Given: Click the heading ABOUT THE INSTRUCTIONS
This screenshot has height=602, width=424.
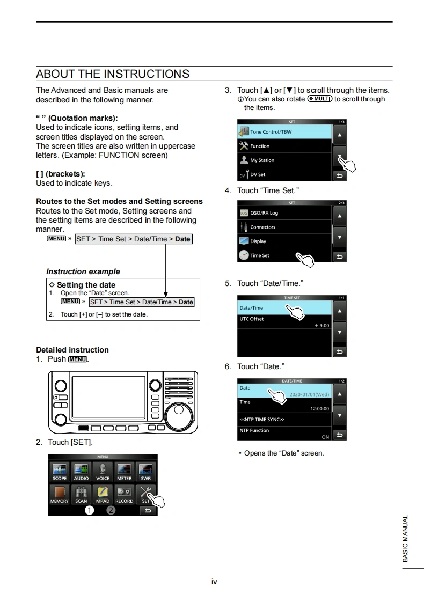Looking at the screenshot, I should (x=113, y=74).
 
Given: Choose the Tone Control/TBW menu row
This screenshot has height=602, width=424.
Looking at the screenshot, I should (x=284, y=131).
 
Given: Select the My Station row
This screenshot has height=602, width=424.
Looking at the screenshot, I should (x=284, y=160).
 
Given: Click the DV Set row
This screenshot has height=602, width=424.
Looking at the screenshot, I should (x=284, y=174).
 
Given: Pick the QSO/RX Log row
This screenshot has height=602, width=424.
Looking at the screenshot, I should (x=284, y=213).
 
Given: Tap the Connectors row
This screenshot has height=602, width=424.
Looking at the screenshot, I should (x=284, y=227).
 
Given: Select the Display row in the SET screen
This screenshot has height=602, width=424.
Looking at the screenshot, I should (x=284, y=241).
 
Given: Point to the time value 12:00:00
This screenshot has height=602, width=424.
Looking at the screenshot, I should (x=319, y=409).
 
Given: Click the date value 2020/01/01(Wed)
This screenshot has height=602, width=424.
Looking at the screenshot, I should (x=309, y=394).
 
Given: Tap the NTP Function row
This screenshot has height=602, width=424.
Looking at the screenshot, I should (x=284, y=433).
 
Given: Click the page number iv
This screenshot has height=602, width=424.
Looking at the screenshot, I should (x=214, y=582).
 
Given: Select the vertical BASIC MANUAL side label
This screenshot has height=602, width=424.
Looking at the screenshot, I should (x=406, y=538).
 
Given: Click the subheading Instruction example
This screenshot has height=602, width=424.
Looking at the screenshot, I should (x=83, y=271).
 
